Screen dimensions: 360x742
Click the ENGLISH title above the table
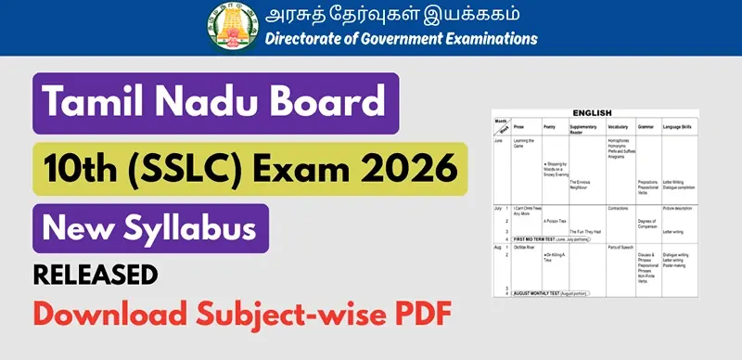[x=592, y=113]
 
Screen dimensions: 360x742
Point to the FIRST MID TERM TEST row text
[x=552, y=238]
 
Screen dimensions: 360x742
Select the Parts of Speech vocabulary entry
[x=620, y=246]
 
